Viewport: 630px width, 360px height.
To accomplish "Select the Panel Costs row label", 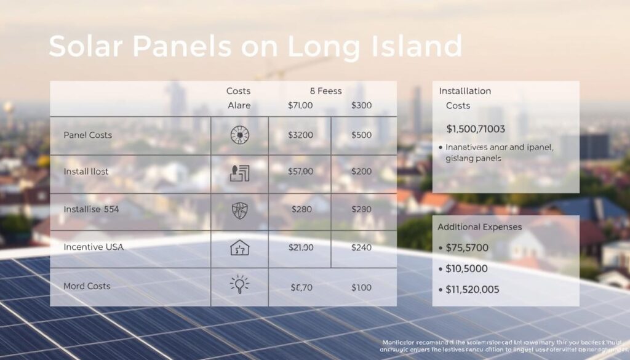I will point(87,135).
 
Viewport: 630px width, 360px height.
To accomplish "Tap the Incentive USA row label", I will point(94,247).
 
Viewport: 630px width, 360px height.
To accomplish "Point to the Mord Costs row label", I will point(87,286).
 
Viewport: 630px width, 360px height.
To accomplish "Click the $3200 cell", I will point(300,135).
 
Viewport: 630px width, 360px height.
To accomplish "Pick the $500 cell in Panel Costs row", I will point(361,135).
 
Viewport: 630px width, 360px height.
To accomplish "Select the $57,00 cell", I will point(300,171).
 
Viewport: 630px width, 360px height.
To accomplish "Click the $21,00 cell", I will point(300,247).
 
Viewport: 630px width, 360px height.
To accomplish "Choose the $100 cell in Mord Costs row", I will point(361,287).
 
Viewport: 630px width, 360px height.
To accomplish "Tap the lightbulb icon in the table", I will point(239,285).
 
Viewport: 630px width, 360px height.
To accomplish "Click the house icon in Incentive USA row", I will point(239,248).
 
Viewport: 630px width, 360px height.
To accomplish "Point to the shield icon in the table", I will point(239,210).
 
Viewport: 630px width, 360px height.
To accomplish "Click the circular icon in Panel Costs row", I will point(239,135).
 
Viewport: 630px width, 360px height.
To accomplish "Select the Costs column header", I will point(238,91).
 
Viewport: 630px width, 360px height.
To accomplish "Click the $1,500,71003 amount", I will point(476,129).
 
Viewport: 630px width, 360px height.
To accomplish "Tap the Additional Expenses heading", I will point(479,227).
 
